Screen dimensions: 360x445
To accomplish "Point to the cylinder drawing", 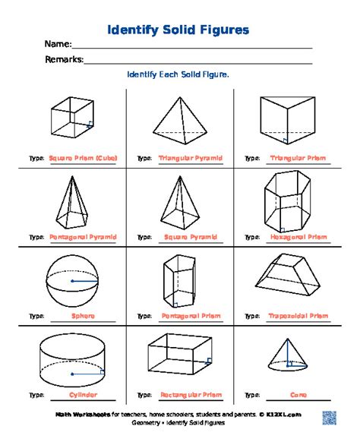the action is pyautogui.click(x=72, y=358).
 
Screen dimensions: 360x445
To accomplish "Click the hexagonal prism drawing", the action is pyautogui.click(x=286, y=200).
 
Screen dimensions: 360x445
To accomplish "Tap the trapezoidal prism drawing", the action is pyautogui.click(x=286, y=277).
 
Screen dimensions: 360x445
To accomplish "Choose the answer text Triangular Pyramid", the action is pyautogui.click(x=191, y=159).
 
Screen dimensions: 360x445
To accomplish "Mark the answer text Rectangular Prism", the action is pyautogui.click(x=191, y=395).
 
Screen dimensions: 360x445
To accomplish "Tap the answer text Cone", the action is pyautogui.click(x=298, y=395).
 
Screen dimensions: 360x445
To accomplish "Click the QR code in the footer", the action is pyautogui.click(x=330, y=417).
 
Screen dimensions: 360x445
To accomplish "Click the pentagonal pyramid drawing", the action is pyautogui.click(x=72, y=200).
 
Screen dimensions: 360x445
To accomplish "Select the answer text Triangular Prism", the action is pyautogui.click(x=298, y=159).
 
